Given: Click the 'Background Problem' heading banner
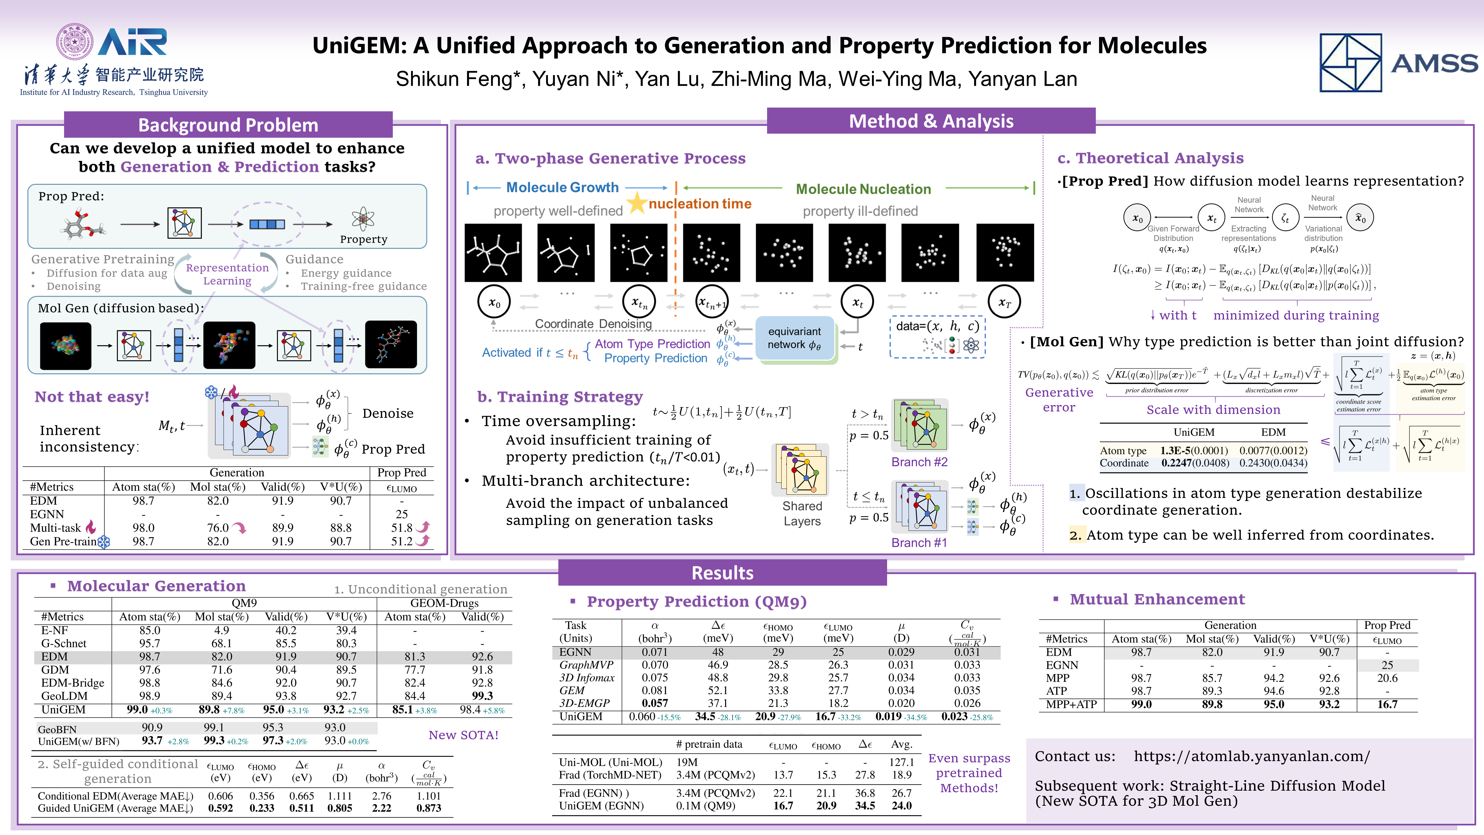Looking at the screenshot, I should point(228,124).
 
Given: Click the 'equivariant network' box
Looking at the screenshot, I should point(794,338).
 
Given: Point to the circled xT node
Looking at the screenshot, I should point(1004,302).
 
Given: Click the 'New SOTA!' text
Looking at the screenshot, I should point(463,735).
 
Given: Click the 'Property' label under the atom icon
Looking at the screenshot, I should point(364,239).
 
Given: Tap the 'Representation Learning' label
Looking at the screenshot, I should point(227,274).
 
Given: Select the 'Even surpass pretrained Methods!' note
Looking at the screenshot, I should point(969,773).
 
